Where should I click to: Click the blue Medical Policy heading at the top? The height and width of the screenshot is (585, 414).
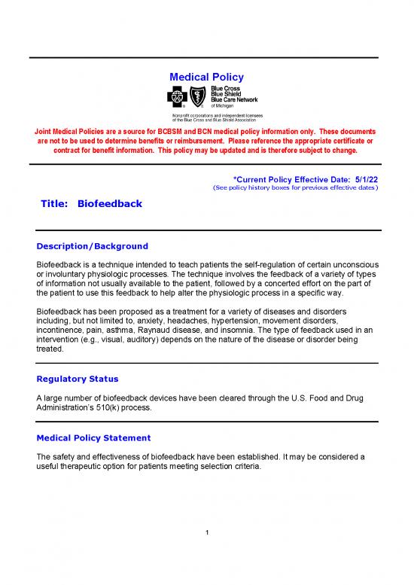[x=206, y=77]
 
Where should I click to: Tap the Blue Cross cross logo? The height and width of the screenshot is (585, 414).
[x=175, y=96]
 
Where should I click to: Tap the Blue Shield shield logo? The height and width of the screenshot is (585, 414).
[x=197, y=96]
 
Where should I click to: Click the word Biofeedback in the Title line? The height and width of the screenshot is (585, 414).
[x=109, y=204]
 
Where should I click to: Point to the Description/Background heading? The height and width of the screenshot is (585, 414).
[x=92, y=246]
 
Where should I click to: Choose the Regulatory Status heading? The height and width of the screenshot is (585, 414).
[x=77, y=379]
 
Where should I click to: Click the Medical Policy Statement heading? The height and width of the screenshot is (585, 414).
[x=93, y=437]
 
